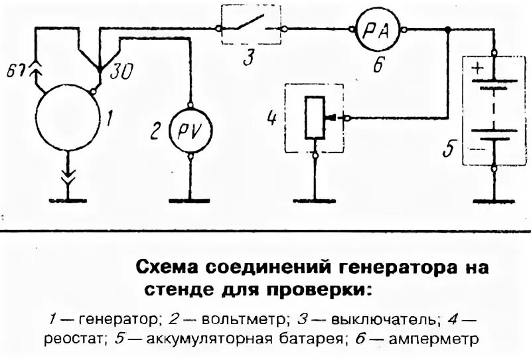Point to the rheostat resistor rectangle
pos(315,118)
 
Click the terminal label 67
pos(15,70)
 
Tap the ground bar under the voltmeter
pos(190,201)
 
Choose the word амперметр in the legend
pos(440,339)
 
